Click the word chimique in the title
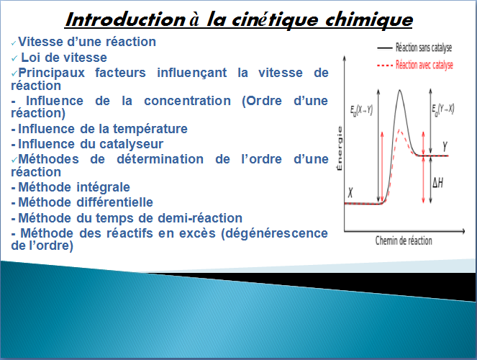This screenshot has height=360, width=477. [x=369, y=20]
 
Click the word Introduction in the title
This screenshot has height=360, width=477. [x=125, y=19]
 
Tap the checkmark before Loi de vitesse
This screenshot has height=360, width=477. [x=14, y=58]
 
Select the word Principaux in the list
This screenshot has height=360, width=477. [x=51, y=73]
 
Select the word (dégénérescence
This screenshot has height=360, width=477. [x=274, y=233]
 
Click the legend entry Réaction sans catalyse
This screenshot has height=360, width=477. [x=424, y=48]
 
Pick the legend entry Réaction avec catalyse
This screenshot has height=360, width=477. [x=424, y=65]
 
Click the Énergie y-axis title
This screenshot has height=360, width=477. [x=340, y=148]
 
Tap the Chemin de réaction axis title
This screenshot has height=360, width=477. [x=404, y=240]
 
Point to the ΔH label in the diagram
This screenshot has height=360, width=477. [x=437, y=183]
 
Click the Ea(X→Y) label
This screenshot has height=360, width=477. [x=361, y=110]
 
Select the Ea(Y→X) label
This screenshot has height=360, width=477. [x=443, y=109]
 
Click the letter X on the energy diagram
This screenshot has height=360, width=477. [x=350, y=192]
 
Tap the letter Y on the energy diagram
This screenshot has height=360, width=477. [x=445, y=147]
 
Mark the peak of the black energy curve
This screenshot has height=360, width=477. [x=399, y=90]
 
